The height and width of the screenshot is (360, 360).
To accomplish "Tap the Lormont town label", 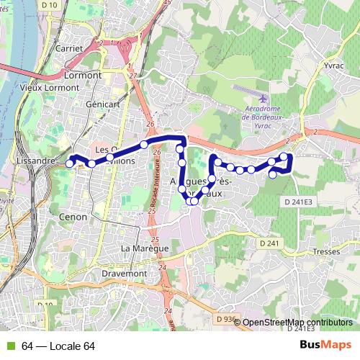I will click(83, 74).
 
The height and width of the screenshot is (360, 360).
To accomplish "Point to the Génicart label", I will click(101, 104).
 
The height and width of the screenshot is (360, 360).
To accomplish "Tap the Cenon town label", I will click(74, 216).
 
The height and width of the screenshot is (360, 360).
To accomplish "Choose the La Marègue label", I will click(145, 248).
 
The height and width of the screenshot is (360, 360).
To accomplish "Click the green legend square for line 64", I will click(9, 346).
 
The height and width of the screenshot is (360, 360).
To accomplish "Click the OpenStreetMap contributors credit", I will click(297, 323).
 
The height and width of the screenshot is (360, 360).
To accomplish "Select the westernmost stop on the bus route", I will click(70, 163).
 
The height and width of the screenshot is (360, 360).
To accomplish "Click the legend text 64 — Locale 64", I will click(58, 346).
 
